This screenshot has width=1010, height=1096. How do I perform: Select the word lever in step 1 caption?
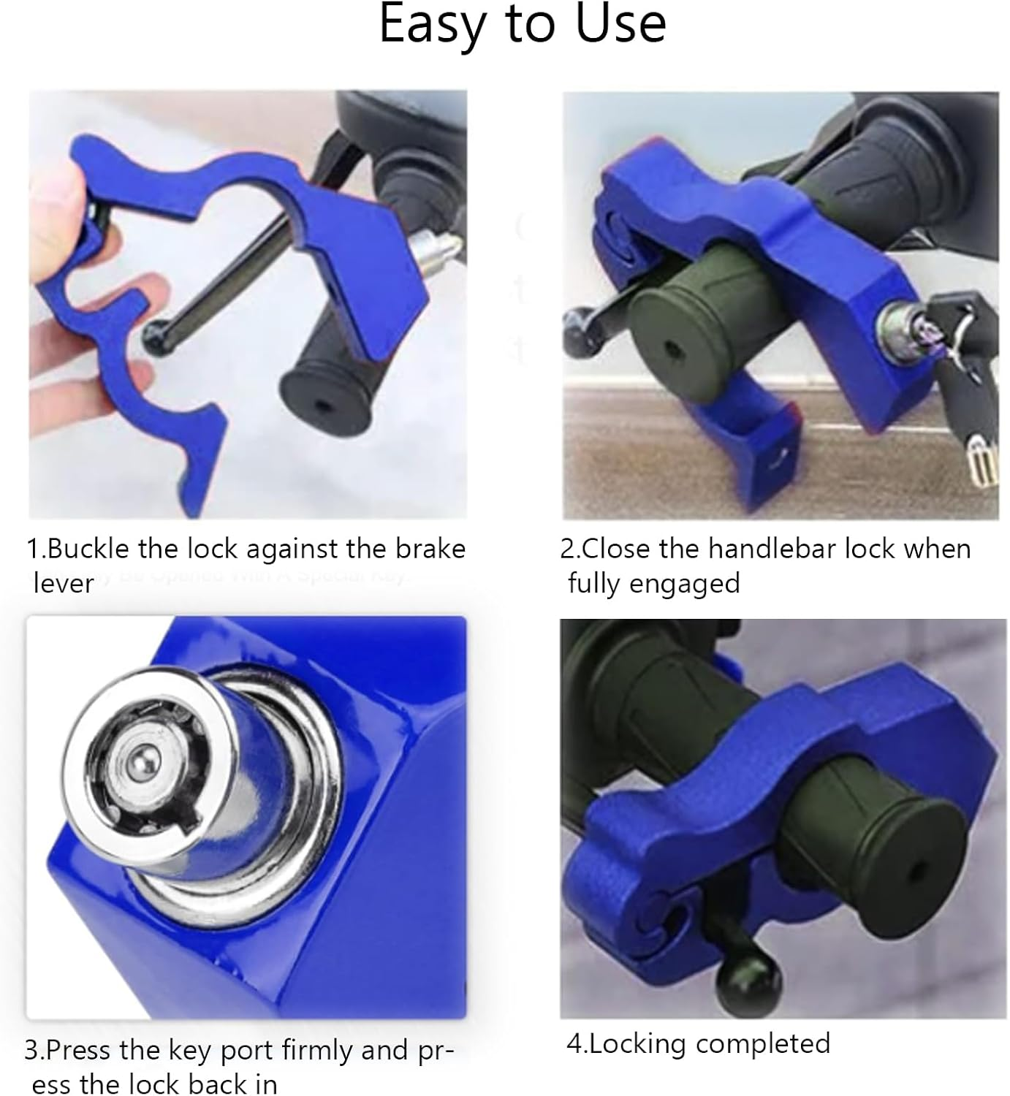click(63, 584)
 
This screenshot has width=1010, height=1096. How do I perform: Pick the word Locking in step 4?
click(638, 1043)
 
